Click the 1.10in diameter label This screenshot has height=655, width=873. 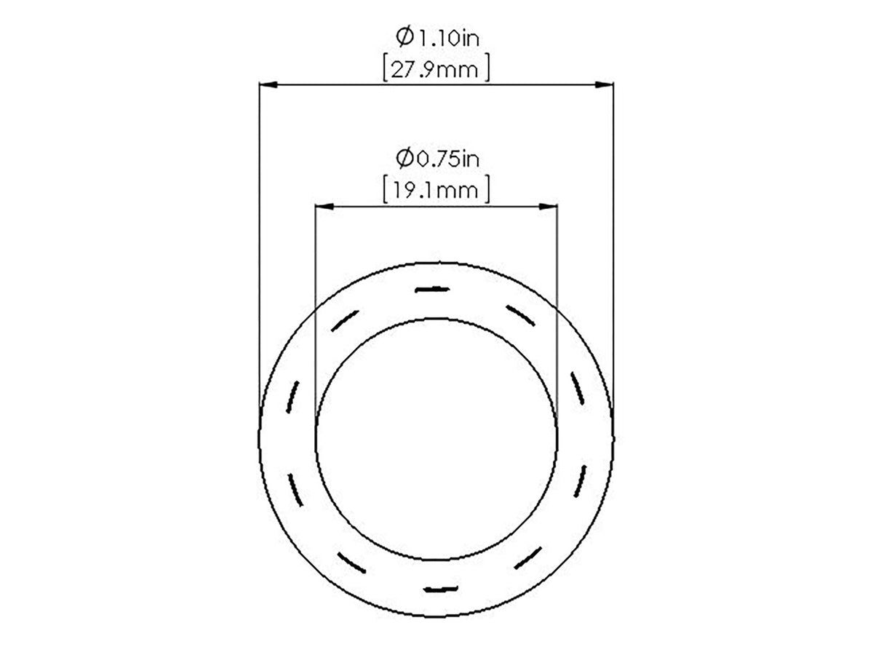(x=437, y=38)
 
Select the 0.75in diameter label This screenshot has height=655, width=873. (x=437, y=159)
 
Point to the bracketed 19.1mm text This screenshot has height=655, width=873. (x=436, y=190)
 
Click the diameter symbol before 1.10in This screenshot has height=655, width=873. (x=404, y=36)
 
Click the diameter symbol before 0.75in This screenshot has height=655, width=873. (x=404, y=158)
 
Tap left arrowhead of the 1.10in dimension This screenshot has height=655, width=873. (x=268, y=84)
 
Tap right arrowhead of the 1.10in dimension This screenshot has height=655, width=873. (x=604, y=84)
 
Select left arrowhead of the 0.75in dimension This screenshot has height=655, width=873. (x=324, y=207)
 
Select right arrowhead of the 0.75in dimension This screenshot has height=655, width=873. (x=548, y=207)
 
